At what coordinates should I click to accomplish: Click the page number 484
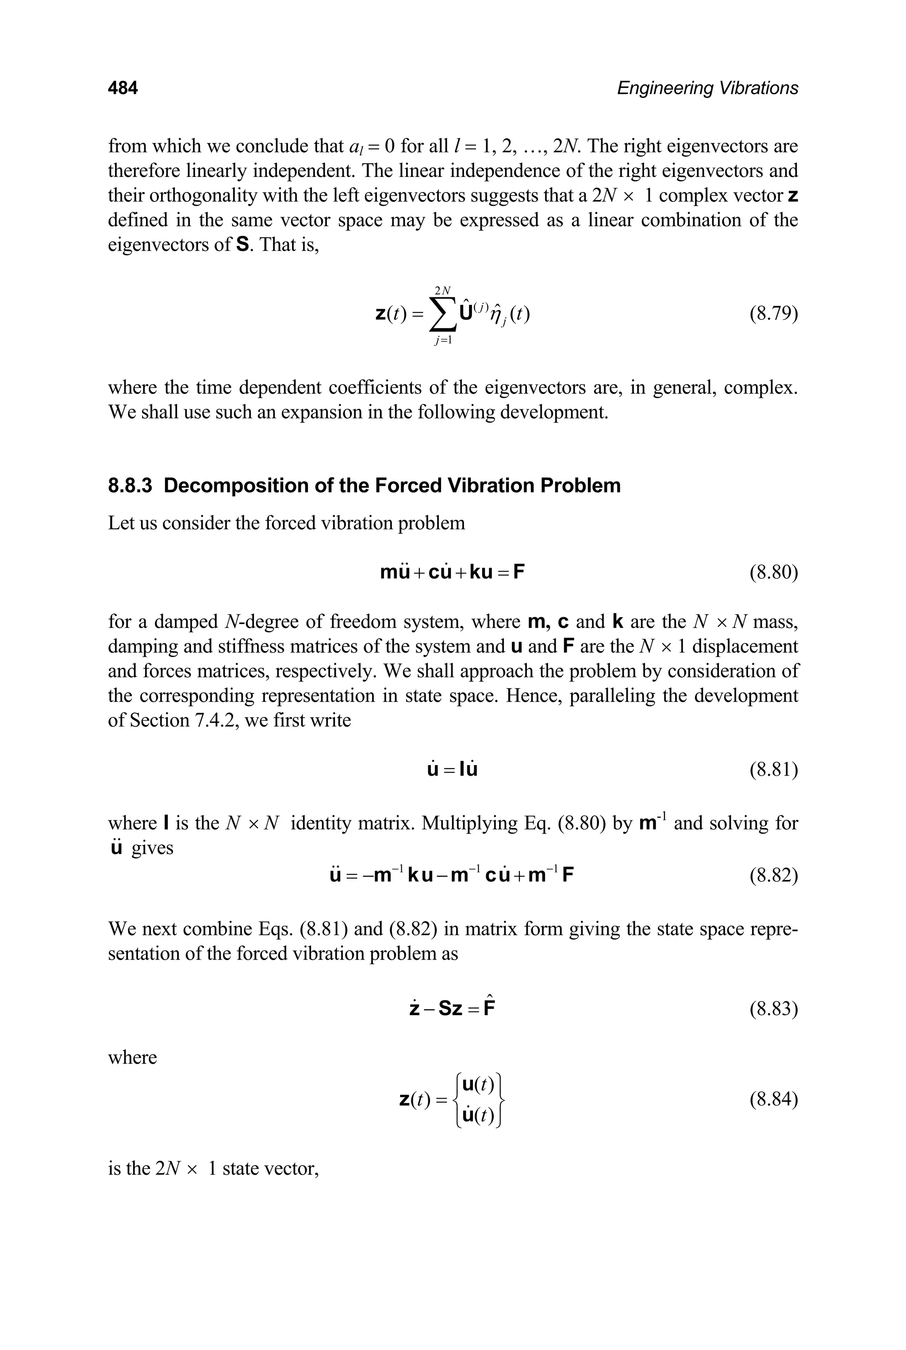123,88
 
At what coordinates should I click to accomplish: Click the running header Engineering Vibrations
707,88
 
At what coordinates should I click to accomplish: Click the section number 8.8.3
130,485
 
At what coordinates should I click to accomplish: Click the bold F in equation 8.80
518,573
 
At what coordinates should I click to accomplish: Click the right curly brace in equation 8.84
502,1100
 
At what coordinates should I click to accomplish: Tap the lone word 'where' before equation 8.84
132,1058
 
